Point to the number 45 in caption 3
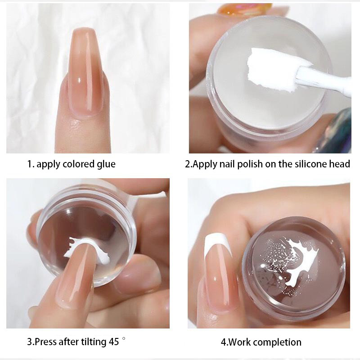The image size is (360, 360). tap(114, 342)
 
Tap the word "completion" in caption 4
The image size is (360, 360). tap(279, 342)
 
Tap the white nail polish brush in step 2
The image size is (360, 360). tap(324, 79)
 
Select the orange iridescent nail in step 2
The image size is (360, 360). tap(244, 9)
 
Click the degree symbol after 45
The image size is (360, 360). tap(124, 338)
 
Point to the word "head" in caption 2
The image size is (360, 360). tap(340, 164)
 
